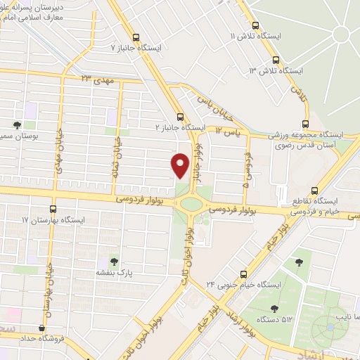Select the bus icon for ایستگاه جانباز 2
point(180,117)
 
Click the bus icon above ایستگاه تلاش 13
point(276,60)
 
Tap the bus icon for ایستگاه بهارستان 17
point(53,209)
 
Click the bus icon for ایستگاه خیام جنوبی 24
point(244,274)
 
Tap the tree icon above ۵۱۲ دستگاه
point(274,308)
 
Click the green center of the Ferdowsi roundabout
point(190,205)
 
